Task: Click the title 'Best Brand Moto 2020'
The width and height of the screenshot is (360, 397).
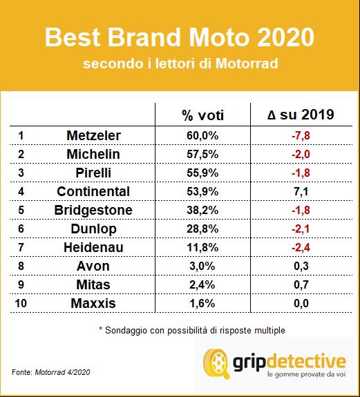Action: [179, 38]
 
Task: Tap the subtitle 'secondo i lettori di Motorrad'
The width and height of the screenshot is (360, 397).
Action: [179, 64]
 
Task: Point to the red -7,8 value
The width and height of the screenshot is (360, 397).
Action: [300, 135]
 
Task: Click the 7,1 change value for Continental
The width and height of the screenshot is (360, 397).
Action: [300, 191]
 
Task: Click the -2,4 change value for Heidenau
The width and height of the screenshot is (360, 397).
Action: [300, 246]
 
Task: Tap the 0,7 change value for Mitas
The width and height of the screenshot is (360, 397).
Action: [300, 284]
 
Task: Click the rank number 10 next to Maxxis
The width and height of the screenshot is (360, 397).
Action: [21, 302]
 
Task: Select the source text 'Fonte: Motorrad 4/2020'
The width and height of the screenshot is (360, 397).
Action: [49, 373]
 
